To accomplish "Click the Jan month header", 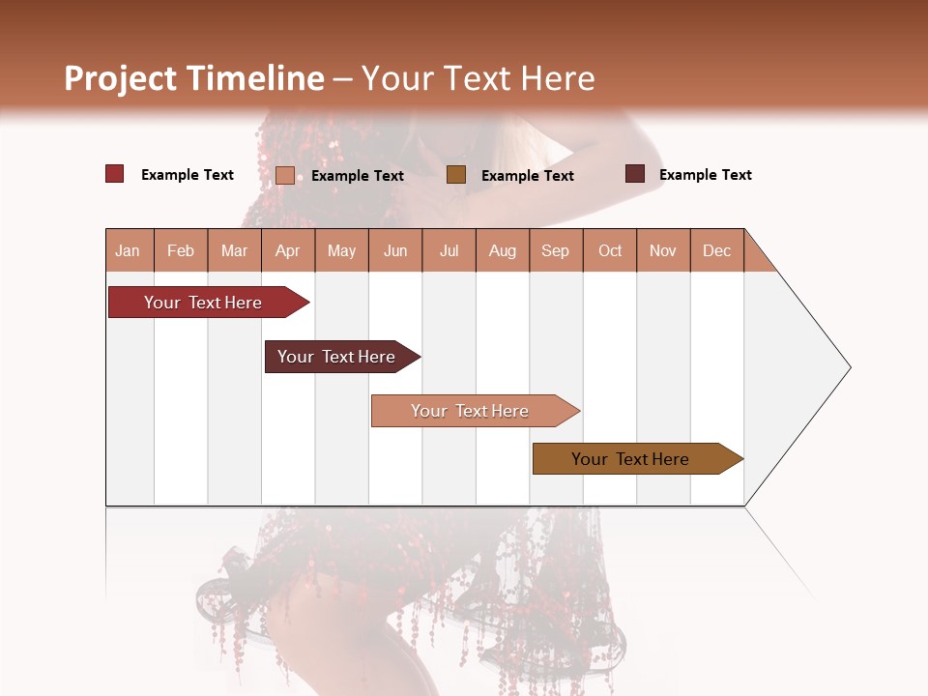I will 129,250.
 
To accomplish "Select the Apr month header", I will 288,250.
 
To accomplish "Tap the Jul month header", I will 449,250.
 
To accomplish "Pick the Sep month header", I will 556,250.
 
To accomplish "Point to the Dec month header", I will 717,250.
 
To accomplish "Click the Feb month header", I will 181,250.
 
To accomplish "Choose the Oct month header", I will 610,250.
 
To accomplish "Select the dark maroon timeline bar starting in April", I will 338,357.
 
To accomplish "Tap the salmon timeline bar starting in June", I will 472,411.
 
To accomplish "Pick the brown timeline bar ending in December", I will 633,459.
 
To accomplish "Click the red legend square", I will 115,174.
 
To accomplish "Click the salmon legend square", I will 285,175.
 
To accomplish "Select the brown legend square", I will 456,175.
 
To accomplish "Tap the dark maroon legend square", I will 635,174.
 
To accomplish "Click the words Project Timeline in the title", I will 193,78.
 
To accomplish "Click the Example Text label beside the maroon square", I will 705,175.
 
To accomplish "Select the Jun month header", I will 395,250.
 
